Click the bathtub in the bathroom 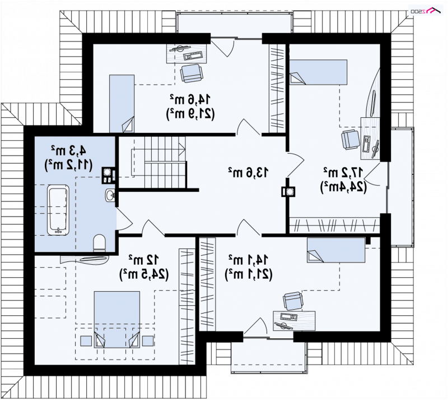58,210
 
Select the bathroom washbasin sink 110,195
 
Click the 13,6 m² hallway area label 248,173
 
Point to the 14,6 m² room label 190,99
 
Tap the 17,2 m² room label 343,172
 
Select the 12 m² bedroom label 143,260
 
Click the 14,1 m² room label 248,260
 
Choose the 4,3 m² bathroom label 68,150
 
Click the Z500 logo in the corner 426,11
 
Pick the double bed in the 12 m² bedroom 117,320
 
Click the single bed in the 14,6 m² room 122,104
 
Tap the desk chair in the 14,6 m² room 192,73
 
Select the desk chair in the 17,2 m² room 350,140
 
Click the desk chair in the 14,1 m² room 293,301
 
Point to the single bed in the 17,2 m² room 318,72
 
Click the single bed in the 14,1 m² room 336,250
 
